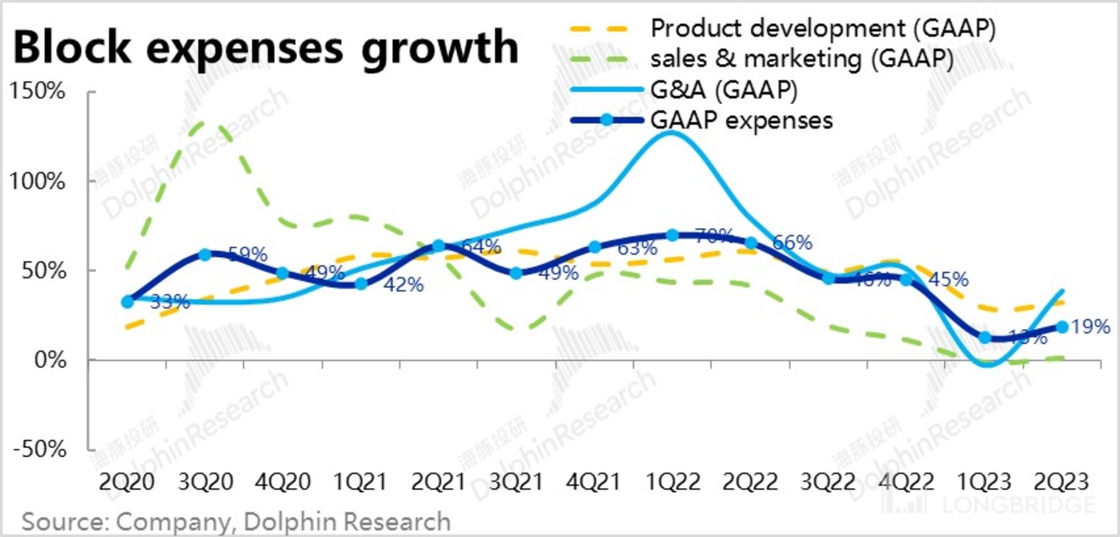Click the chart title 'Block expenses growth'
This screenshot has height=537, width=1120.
point(266,48)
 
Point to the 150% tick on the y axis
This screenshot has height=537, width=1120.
point(39,92)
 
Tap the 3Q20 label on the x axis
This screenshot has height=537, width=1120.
point(206,483)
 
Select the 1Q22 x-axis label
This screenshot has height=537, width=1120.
point(672,483)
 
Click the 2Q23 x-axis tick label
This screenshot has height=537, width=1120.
point(1062,483)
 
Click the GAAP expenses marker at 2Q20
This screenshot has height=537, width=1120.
point(128,302)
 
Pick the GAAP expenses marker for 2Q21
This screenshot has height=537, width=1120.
point(439,246)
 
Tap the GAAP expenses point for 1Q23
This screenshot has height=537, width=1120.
point(984,338)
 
